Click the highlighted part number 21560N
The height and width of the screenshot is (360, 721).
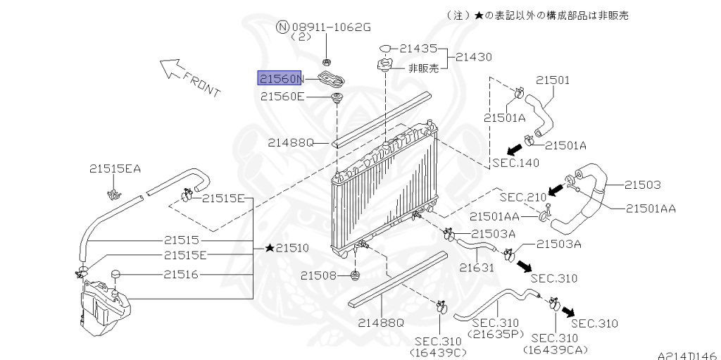[280, 79]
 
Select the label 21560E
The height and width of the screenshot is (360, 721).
[282, 97]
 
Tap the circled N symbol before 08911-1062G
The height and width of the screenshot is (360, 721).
[282, 27]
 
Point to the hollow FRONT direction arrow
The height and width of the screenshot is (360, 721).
[170, 68]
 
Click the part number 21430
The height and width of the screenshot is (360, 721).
[474, 57]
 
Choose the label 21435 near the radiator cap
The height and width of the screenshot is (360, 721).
[418, 49]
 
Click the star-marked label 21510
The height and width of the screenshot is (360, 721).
[287, 248]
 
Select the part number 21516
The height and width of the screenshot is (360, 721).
[181, 275]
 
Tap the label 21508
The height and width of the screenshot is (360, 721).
[319, 275]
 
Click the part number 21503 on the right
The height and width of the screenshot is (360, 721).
[642, 185]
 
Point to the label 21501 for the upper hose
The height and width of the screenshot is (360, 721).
[553, 80]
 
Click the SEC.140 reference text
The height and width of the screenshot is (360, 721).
[516, 163]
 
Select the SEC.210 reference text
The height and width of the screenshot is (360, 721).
[523, 197]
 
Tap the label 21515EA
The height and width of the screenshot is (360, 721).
[115, 169]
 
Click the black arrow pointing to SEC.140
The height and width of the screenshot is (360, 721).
[514, 151]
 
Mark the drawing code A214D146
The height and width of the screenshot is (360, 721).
[689, 356]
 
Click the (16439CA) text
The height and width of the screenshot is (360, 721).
[556, 351]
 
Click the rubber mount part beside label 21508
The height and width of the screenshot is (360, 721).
[356, 276]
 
